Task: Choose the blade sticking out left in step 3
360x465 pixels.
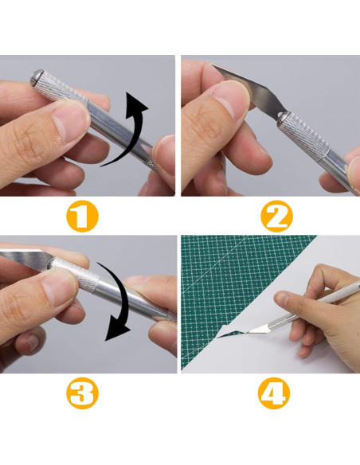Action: click(x=20, y=256)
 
